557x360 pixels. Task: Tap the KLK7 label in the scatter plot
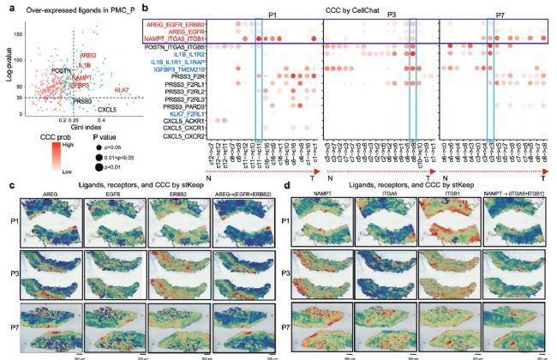pos(122,89)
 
